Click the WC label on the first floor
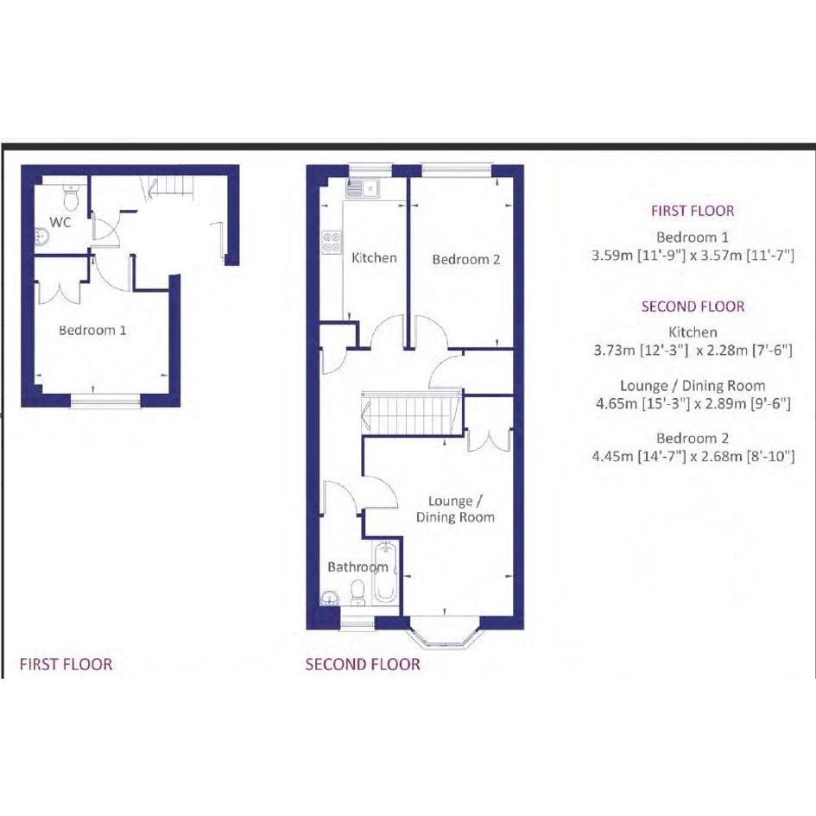click(x=60, y=222)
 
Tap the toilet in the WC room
click(x=70, y=195)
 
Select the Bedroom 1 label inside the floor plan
click(x=92, y=330)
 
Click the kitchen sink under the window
click(x=364, y=188)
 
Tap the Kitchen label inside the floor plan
click(x=374, y=257)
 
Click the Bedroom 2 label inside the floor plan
click(x=466, y=259)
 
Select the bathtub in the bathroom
click(x=386, y=572)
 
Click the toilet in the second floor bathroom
click(x=357, y=592)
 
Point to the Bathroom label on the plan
click(x=358, y=566)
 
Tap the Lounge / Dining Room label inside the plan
click(x=455, y=509)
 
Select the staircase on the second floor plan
click(x=412, y=413)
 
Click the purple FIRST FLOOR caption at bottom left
click(x=66, y=664)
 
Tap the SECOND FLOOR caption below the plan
click(x=363, y=664)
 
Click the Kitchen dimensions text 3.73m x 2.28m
click(x=693, y=351)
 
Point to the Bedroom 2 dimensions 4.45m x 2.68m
click(x=693, y=457)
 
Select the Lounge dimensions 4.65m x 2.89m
click(x=693, y=403)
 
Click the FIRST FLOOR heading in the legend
click(x=693, y=211)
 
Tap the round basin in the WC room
click(x=41, y=237)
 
